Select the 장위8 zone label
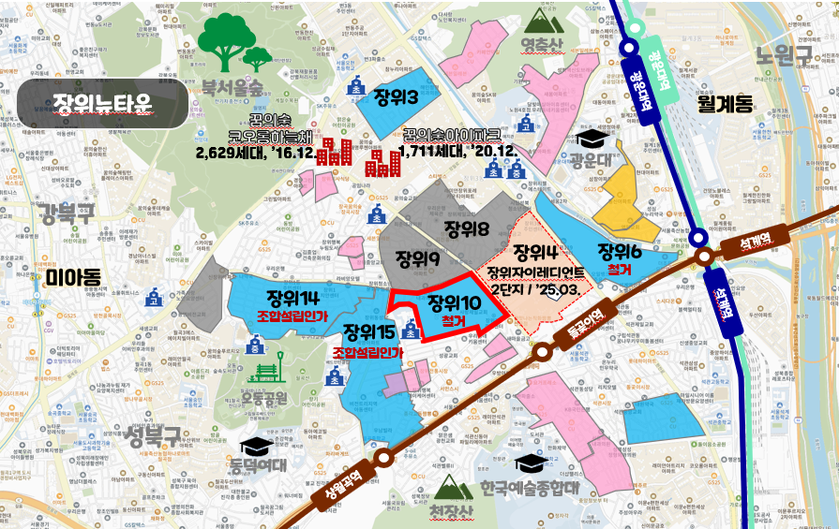[x=467, y=229]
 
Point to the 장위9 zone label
[x=418, y=258]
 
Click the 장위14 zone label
[x=293, y=299]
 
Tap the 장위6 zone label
[x=620, y=251]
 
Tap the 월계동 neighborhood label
[x=725, y=103]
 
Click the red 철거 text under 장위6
[x=620, y=269]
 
